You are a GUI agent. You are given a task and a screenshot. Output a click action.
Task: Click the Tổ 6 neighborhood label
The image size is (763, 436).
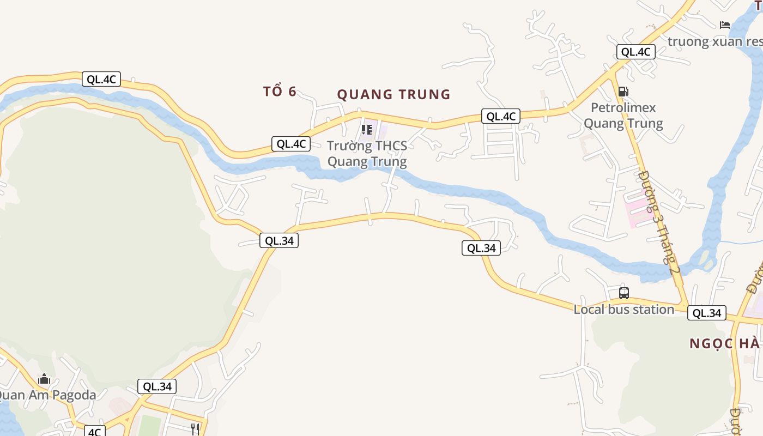pos(280,92)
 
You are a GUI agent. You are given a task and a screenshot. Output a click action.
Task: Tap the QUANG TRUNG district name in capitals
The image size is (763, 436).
pos(393,95)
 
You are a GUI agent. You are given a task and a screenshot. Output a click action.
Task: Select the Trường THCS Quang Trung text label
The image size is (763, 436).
pos(367,154)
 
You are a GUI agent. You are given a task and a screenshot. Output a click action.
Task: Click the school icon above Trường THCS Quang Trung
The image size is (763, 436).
pos(367,130)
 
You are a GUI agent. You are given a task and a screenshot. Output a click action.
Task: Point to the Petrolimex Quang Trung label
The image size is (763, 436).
pos(623,116)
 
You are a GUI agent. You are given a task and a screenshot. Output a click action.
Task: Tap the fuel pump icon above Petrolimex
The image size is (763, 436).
pos(623,91)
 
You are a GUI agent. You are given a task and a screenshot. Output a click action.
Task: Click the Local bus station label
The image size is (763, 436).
pos(623,310)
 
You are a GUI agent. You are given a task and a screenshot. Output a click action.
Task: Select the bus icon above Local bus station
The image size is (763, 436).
pos(624,293)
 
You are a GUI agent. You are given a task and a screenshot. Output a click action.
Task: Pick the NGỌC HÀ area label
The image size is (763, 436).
pos(724,344)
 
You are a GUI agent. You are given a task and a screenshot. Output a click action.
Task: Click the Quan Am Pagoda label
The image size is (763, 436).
pos(48,395)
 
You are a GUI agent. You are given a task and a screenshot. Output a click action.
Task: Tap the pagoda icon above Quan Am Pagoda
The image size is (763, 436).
pos(44,379)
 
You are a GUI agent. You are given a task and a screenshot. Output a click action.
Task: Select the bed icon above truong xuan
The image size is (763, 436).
pos(725,25)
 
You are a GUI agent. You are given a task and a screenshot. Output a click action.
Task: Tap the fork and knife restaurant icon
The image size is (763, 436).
pos(195,429)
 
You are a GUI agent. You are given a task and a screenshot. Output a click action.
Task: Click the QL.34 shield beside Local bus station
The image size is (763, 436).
pos(707,313)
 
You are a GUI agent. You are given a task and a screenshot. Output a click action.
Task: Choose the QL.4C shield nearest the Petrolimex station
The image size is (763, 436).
pos(635,52)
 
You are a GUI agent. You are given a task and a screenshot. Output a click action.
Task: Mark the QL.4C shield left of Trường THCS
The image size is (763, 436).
pos(291,144)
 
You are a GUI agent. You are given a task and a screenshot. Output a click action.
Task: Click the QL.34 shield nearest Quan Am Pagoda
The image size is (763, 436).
pos(157,386)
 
